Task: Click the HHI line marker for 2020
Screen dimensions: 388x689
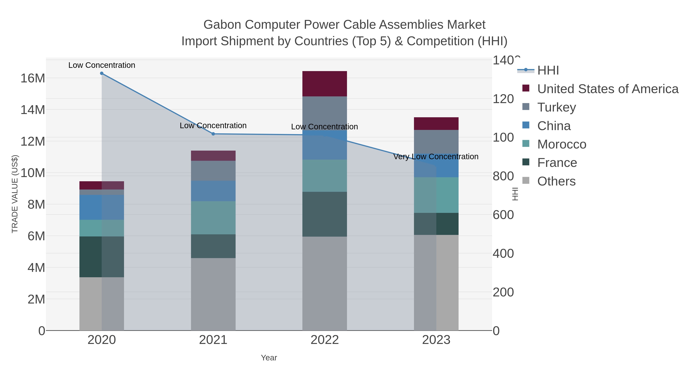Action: tap(102, 73)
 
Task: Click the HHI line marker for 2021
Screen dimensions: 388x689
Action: tap(213, 134)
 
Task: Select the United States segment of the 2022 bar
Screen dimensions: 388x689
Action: tap(324, 84)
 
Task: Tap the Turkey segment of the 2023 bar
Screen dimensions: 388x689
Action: tap(436, 142)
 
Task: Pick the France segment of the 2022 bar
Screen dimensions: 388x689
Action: tap(324, 214)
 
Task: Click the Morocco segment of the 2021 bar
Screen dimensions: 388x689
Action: tap(213, 218)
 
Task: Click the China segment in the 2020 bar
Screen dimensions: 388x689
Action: tap(102, 207)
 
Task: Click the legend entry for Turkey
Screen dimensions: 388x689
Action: tap(556, 107)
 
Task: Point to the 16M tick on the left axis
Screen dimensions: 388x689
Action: tap(33, 78)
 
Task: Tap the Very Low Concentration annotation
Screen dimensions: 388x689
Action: tap(436, 157)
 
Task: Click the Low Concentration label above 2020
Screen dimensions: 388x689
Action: tap(102, 65)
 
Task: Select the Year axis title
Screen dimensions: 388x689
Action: tap(269, 358)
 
